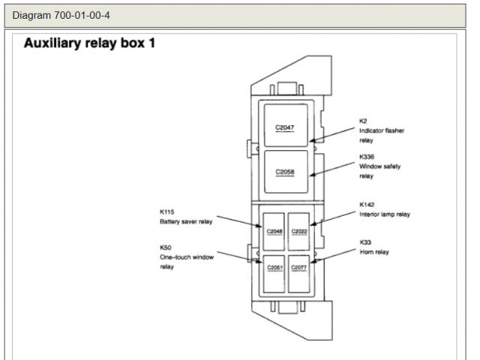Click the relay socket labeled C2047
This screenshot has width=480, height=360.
pyautogui.click(x=284, y=124)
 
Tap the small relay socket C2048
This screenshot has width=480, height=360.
pyautogui.click(x=274, y=231)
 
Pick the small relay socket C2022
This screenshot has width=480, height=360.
pyautogui.click(x=299, y=231)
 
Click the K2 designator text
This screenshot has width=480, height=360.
pyautogui.click(x=363, y=121)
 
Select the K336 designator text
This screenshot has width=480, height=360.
pyautogui.click(x=367, y=157)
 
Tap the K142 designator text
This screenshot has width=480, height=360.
pyautogui.click(x=367, y=204)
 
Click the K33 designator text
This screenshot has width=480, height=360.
pyautogui.click(x=364, y=242)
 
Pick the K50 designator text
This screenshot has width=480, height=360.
pyautogui.click(x=164, y=247)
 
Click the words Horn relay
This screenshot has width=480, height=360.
pyautogui.click(x=374, y=252)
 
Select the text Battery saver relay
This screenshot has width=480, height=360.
pyautogui.click(x=186, y=222)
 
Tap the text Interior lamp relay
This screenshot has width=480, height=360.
pyautogui.click(x=385, y=214)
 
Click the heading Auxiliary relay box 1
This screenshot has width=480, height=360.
pyautogui.click(x=90, y=43)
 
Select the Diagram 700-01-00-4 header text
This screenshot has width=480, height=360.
pyautogui.click(x=61, y=15)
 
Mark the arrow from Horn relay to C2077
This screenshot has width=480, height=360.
pyautogui.click(x=333, y=254)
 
